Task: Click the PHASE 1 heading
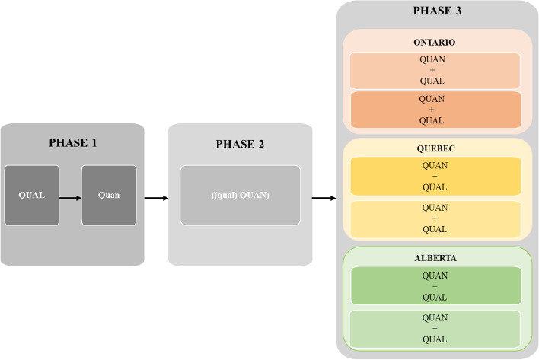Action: [x=73, y=142]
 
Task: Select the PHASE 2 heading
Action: [x=240, y=143]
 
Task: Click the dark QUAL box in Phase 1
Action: [x=31, y=195]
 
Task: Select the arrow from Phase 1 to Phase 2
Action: [x=155, y=199]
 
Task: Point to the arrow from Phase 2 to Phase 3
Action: [x=324, y=199]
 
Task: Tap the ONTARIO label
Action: [x=434, y=43]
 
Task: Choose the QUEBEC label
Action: [x=434, y=148]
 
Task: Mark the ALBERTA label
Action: [x=434, y=257]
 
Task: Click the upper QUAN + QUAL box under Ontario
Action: [x=434, y=70]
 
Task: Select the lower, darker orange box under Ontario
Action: [x=434, y=109]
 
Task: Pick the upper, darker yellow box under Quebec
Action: [x=434, y=177]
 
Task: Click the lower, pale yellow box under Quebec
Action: [x=434, y=218]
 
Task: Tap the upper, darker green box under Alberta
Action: [x=434, y=285]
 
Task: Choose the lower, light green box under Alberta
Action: [x=434, y=328]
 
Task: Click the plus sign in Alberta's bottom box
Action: [x=434, y=328]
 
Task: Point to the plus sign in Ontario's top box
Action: [x=434, y=70]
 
